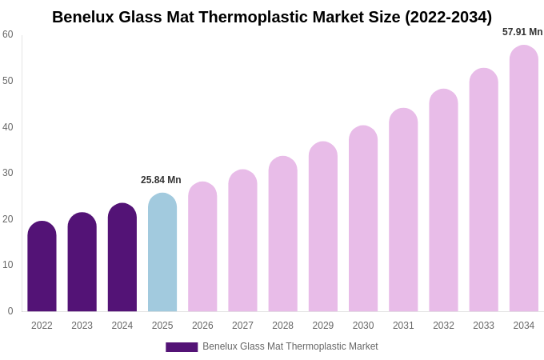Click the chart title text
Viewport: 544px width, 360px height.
272,17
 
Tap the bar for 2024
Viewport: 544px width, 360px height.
122,258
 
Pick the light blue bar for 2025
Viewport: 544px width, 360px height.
162,253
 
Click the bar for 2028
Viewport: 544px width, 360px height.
282,234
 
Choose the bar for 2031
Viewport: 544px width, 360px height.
403,210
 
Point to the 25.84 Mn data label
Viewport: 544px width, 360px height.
161,180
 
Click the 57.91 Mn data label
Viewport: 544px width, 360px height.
522,32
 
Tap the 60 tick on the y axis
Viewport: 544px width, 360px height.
8,34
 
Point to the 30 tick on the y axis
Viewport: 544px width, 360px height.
8,173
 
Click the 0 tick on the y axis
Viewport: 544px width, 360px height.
10,311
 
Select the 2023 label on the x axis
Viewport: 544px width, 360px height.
82,326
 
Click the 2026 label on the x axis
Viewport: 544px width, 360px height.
202,326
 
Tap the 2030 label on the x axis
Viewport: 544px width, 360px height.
363,326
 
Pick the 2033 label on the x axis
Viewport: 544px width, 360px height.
483,326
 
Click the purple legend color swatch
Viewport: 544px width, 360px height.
182,347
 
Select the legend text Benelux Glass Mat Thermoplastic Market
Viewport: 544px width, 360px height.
290,346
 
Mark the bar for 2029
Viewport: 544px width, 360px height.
323,227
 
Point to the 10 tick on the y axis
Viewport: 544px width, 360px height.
8,265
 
